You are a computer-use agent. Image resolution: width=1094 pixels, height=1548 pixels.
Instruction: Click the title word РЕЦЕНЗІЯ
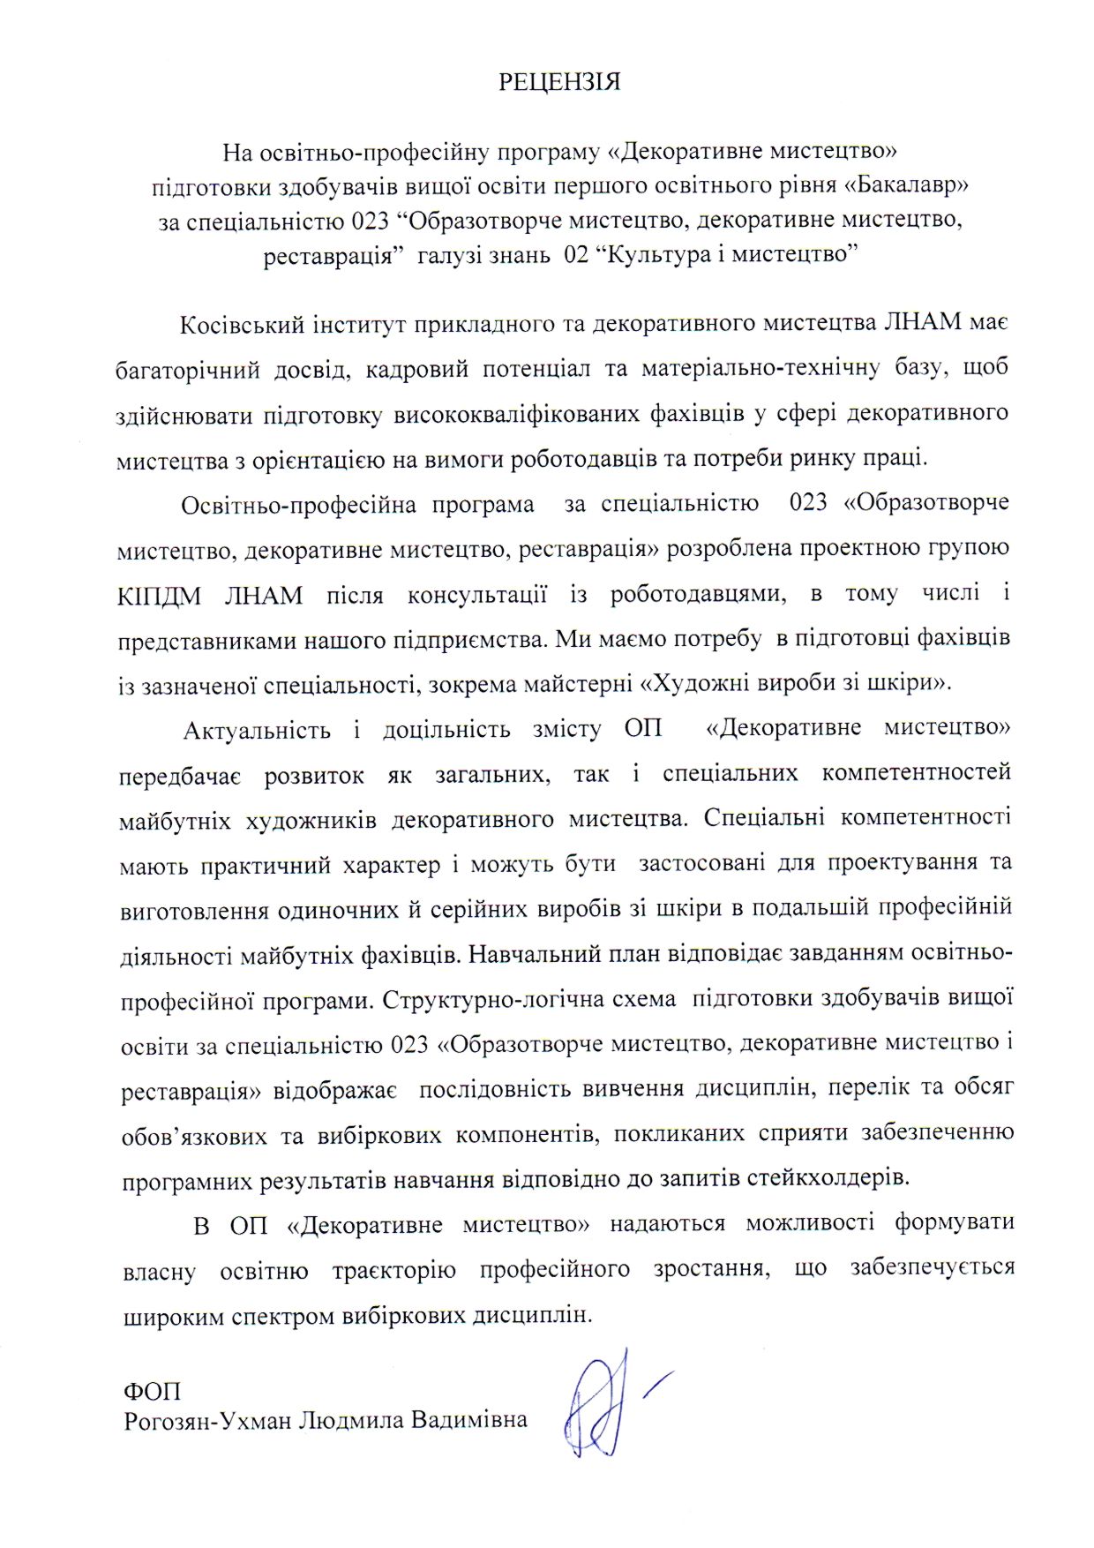coord(559,82)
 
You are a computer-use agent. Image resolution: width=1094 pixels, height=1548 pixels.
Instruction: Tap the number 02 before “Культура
coord(574,255)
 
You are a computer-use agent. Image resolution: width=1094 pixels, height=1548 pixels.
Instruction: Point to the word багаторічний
coord(188,369)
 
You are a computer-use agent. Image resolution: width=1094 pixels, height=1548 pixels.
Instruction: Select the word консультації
coord(476,594)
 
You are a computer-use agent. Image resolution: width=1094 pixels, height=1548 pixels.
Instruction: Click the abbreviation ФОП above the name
coord(152,1392)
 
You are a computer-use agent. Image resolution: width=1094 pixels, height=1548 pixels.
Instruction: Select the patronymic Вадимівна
coord(469,1420)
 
